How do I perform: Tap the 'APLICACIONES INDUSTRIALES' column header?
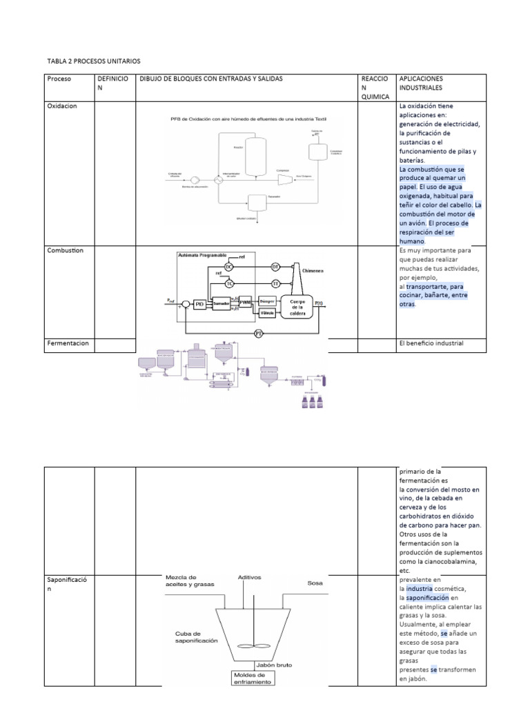(x=422, y=83)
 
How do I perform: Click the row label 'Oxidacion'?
(x=61, y=107)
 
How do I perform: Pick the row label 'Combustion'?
(x=65, y=250)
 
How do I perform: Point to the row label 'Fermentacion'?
(x=68, y=343)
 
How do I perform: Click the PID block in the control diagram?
(x=199, y=303)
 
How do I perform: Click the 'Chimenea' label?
(x=313, y=272)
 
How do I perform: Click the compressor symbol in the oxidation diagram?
(x=282, y=180)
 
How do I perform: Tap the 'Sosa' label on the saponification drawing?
(x=315, y=583)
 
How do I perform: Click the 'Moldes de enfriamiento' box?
(x=253, y=678)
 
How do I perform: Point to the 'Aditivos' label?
(x=249, y=577)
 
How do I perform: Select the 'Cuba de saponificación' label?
(x=196, y=636)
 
